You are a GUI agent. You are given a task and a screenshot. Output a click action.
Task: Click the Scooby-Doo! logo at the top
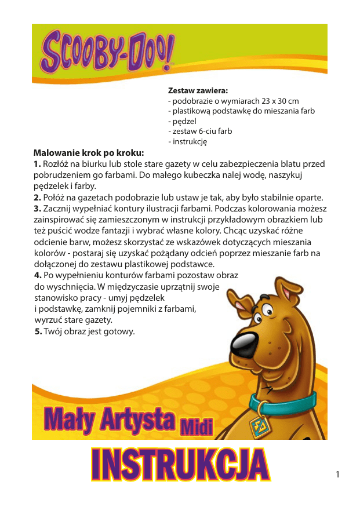(107, 51)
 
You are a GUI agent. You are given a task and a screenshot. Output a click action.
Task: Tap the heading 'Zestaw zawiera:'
(198, 91)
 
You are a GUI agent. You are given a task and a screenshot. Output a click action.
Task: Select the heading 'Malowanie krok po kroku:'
(88, 153)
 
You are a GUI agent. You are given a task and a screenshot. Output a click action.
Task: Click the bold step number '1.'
(38, 164)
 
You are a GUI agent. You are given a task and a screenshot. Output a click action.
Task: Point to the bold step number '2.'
(38, 198)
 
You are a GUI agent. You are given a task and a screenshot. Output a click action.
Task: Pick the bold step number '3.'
(38, 209)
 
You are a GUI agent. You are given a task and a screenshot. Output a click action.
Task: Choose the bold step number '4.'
(38, 275)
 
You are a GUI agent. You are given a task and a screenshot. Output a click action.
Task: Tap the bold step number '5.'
(38, 331)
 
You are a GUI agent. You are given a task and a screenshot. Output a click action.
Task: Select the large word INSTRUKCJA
(180, 465)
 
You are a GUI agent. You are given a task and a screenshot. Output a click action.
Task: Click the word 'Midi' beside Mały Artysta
(197, 426)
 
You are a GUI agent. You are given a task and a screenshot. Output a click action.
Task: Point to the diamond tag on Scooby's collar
(260, 426)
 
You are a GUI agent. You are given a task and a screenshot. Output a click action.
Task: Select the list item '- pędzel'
(182, 121)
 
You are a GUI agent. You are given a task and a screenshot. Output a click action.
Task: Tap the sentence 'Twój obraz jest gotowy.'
(89, 331)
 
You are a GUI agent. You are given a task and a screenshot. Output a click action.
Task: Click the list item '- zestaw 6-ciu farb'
(200, 131)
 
